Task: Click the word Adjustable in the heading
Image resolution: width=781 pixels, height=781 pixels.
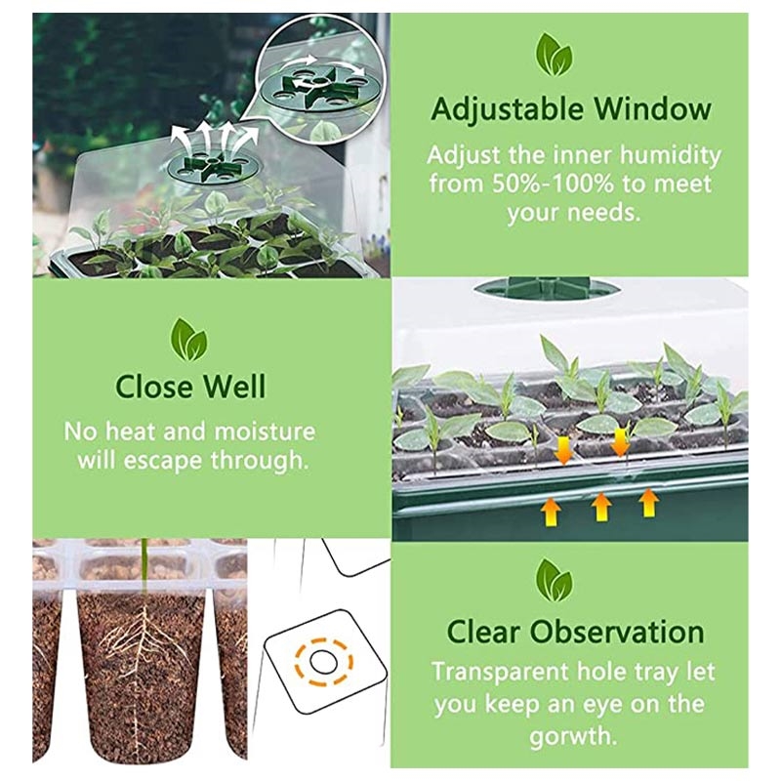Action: coord(507,110)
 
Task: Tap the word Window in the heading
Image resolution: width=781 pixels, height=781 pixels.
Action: coord(652,108)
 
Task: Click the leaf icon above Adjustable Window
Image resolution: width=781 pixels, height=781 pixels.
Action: coord(554,55)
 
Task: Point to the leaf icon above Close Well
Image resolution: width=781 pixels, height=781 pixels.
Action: coord(188,340)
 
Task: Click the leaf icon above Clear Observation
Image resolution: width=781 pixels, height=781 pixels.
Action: coord(555,580)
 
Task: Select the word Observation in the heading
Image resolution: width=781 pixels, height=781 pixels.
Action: coord(617,632)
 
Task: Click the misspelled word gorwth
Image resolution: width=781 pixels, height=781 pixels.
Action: coord(573,736)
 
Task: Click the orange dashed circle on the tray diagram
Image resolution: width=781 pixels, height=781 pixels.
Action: coord(324,662)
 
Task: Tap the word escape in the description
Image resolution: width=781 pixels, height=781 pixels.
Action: coord(163,461)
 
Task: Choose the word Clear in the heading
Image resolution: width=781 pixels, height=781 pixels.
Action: coord(482,632)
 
